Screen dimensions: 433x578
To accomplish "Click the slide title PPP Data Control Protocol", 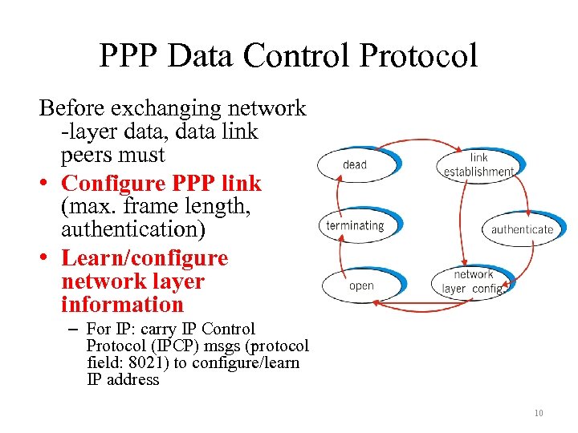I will (x=288, y=55).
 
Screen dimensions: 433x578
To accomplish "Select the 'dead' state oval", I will (x=356, y=165).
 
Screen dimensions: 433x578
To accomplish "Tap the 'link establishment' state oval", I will (x=478, y=165).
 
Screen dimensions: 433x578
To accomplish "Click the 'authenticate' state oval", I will (x=522, y=229).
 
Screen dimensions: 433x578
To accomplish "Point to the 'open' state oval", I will (x=361, y=286).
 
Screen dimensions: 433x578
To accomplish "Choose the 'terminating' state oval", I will (x=355, y=226).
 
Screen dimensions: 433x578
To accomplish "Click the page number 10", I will (x=538, y=413).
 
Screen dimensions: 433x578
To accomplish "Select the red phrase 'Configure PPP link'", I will (x=161, y=184).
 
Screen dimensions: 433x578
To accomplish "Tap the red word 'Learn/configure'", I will (x=144, y=258).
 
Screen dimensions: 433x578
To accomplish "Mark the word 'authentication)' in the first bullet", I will (x=133, y=229).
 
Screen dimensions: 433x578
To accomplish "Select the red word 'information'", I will (x=122, y=305).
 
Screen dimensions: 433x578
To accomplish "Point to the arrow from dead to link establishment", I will (x=417, y=144).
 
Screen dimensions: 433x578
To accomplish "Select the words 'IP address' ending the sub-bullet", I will (x=123, y=379).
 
